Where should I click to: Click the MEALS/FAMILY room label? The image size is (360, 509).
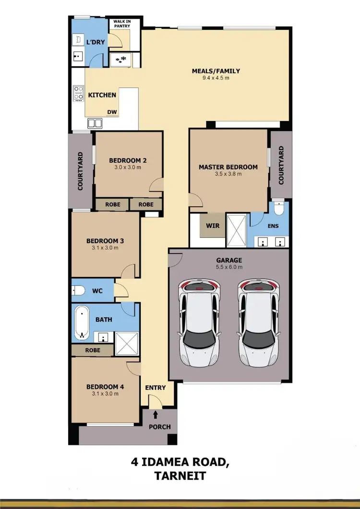216,71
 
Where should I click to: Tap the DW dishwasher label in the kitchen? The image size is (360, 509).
112,112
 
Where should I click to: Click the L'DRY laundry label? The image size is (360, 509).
95,42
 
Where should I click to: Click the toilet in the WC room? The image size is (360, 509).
79,290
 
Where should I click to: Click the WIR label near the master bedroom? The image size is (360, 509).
213,225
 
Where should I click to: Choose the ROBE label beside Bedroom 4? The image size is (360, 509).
93,350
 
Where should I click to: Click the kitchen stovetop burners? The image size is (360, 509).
77,93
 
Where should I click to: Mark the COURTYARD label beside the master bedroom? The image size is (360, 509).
281,166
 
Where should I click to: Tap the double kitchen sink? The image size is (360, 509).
95,123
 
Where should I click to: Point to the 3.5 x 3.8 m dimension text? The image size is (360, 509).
228,174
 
